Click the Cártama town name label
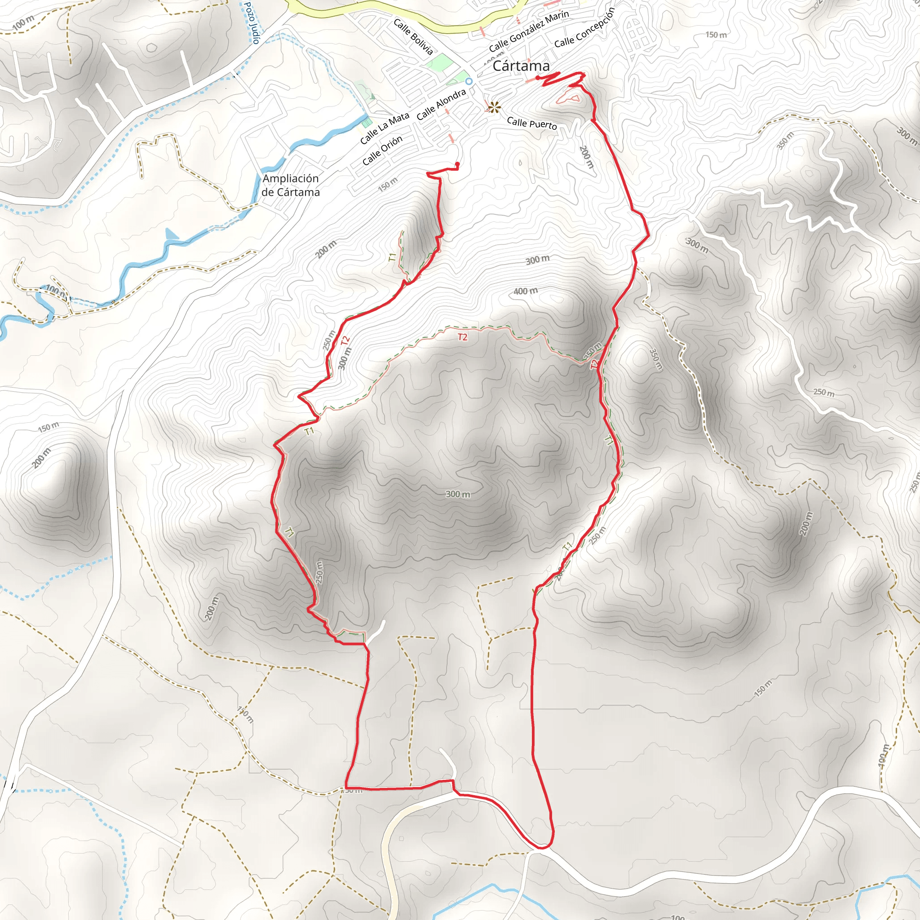pos(521,66)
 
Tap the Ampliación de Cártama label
pos(291,185)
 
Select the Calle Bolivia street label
pos(413,37)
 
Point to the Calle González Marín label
pos(529,31)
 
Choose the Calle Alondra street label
pos(441,105)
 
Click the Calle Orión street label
pos(382,150)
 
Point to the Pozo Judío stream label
pos(252,23)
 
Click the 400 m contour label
pos(526,291)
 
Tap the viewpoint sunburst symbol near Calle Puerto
pos(494,107)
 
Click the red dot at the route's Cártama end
pos(538,78)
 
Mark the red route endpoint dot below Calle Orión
pos(457,164)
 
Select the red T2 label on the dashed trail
pos(462,337)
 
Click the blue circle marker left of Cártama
pos(469,81)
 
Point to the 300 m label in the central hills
pos(458,494)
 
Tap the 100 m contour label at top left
pos(23,22)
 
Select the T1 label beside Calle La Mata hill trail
pos(392,257)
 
